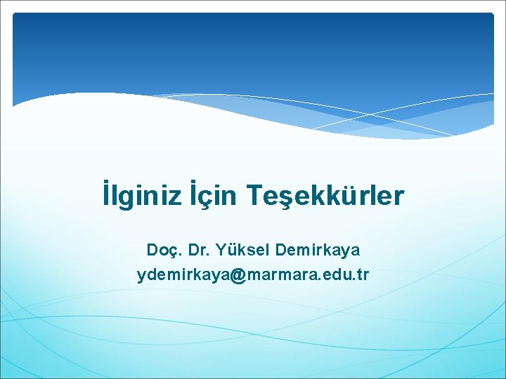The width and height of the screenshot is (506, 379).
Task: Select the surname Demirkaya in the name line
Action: pyautogui.click(x=318, y=250)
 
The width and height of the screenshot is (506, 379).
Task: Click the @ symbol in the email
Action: pyautogui.click(x=237, y=275)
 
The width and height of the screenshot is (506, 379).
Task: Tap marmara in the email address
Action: pyautogui.click(x=280, y=275)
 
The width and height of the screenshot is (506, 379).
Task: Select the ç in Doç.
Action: pyautogui.click(x=173, y=251)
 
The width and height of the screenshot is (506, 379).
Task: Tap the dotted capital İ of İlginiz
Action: pyautogui.click(x=105, y=195)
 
